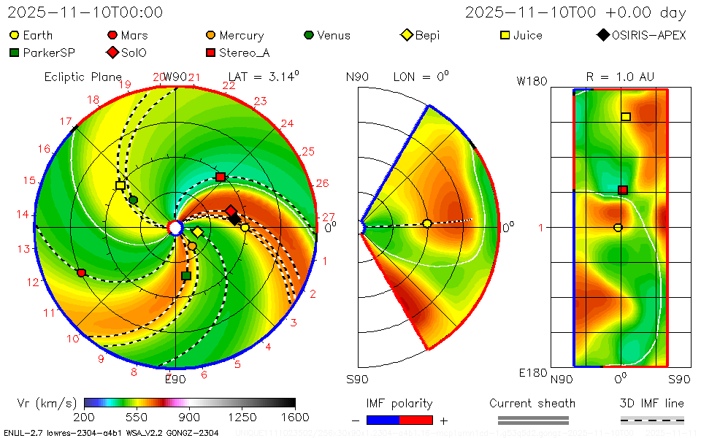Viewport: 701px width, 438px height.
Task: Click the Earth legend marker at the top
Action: pos(14,35)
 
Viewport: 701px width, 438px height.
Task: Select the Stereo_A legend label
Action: pos(245,53)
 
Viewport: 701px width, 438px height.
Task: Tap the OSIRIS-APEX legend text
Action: pos(649,35)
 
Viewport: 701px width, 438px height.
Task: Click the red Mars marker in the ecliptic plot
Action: pos(82,272)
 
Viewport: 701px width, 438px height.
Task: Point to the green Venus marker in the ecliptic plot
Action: pos(133,199)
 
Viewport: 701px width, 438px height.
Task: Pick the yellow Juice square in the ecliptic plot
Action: pos(120,185)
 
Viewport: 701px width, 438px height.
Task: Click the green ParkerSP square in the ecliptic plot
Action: pos(185,275)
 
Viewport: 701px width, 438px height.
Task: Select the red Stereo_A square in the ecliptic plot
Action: pos(221,177)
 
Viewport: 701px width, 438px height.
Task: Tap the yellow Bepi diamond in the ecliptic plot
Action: pos(198,232)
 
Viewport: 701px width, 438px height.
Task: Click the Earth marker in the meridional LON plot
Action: pos(427,223)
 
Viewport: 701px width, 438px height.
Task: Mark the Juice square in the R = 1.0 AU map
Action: pos(626,117)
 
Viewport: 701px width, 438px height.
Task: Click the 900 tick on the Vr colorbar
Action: pos(190,417)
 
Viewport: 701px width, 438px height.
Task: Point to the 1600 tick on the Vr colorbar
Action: pos(295,417)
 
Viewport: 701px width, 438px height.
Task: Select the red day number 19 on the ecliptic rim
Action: pos(125,85)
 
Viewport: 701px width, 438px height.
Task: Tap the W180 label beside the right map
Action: pos(532,81)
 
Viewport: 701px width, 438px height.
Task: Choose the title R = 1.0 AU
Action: pos(620,77)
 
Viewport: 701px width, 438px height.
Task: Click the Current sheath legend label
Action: pos(532,403)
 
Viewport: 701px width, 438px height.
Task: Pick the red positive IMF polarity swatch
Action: pos(416,420)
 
